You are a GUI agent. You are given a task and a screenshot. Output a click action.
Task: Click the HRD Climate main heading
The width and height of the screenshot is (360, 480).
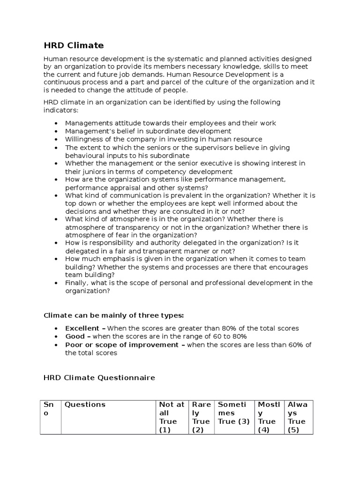tap(74, 45)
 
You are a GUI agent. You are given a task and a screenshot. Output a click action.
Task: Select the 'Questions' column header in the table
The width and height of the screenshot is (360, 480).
tap(85, 405)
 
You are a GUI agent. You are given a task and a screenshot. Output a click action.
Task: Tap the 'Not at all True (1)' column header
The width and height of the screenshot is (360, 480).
tap(172, 417)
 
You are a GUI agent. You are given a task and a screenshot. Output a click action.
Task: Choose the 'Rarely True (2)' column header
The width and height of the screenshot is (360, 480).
tap(202, 417)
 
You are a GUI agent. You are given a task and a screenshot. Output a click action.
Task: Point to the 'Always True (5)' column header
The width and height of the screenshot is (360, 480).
tap(298, 417)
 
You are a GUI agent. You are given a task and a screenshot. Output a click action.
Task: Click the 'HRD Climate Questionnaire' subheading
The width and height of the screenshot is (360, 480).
tap(99, 377)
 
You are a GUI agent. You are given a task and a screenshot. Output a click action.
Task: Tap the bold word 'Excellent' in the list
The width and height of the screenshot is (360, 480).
tap(82, 328)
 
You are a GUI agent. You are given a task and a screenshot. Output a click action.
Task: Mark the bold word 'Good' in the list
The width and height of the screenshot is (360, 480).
tap(75, 337)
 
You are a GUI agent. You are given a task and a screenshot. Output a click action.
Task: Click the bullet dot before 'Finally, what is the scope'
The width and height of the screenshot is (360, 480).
tap(56, 283)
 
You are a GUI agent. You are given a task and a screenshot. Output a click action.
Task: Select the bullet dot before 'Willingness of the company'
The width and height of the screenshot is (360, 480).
tap(56, 140)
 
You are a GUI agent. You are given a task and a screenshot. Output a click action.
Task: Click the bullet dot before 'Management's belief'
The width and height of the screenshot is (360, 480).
tap(56, 132)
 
